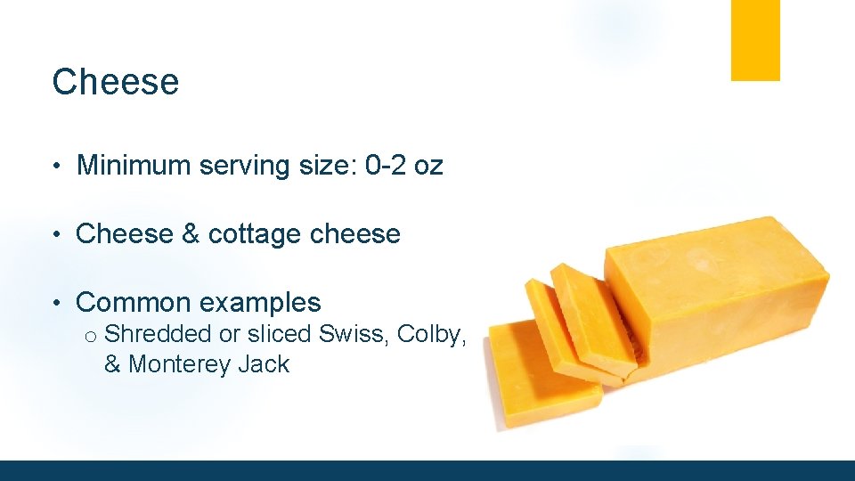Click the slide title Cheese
coord(116,82)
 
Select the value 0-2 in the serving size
coord(387,166)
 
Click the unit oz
coord(428,167)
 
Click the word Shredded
coord(156,334)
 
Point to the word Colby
coord(431,335)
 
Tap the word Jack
coord(263,364)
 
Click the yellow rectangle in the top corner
coord(755,40)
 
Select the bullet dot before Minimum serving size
coord(56,167)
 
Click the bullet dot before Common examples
coord(56,304)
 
